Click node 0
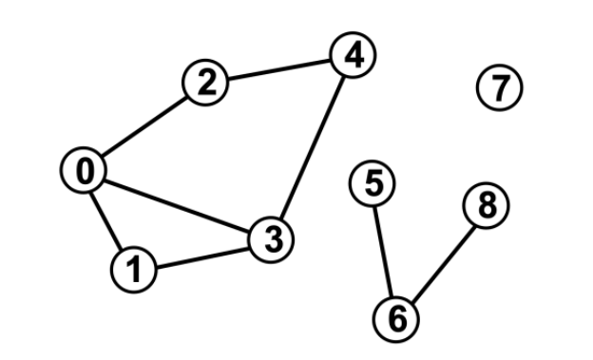pos(85,171)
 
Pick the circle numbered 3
pos(273,239)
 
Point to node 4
pos(353,57)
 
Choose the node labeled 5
pos(373,183)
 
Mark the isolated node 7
pos(499,87)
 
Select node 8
pos(487,205)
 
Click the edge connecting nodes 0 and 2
pos(143,127)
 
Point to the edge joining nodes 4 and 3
pos(313,148)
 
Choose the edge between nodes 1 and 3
pos(202,255)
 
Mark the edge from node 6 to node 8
pos(442,262)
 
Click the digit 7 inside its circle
pos(499,87)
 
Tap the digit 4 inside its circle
pos(353,57)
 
